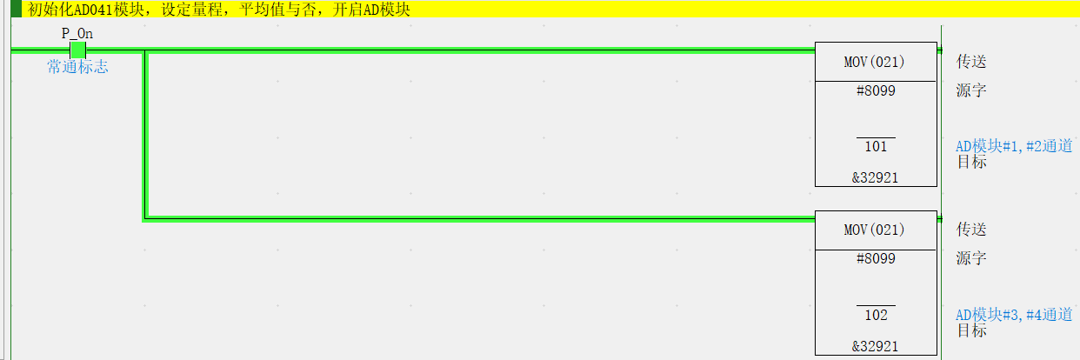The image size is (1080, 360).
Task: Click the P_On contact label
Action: [77, 33]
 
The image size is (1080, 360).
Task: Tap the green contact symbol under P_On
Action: [77, 50]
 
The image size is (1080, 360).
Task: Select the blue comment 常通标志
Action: [77, 67]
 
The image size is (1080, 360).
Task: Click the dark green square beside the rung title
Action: [16, 10]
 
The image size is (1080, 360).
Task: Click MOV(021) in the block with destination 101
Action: [875, 62]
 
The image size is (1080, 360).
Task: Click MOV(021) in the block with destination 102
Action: [875, 230]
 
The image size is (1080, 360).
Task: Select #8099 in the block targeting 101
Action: [875, 90]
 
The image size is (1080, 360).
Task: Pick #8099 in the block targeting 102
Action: [875, 258]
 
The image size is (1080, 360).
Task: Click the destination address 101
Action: [876, 146]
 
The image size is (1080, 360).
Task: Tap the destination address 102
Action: [876, 315]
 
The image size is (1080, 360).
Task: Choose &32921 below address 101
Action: [875, 177]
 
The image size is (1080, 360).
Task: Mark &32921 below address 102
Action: [875, 346]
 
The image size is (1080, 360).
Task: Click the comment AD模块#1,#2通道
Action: [1013, 146]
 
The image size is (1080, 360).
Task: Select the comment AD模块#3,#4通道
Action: [1013, 315]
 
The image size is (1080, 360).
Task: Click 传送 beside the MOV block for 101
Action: [971, 62]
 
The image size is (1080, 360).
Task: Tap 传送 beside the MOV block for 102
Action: [971, 230]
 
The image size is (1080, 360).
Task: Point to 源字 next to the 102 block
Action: [971, 258]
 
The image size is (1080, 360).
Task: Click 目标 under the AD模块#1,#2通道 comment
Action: [971, 162]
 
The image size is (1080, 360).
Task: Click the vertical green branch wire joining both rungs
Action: [145, 135]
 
